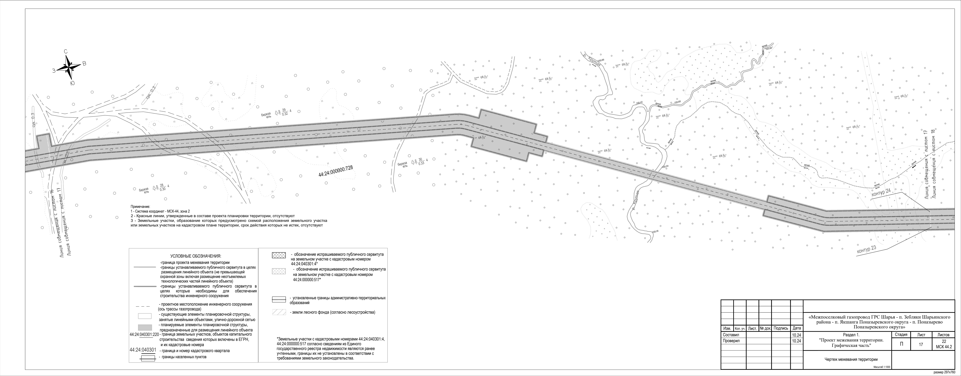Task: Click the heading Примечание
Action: click(x=140, y=206)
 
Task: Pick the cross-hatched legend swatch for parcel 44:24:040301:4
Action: click(x=279, y=255)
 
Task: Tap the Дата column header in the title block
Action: click(x=797, y=328)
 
